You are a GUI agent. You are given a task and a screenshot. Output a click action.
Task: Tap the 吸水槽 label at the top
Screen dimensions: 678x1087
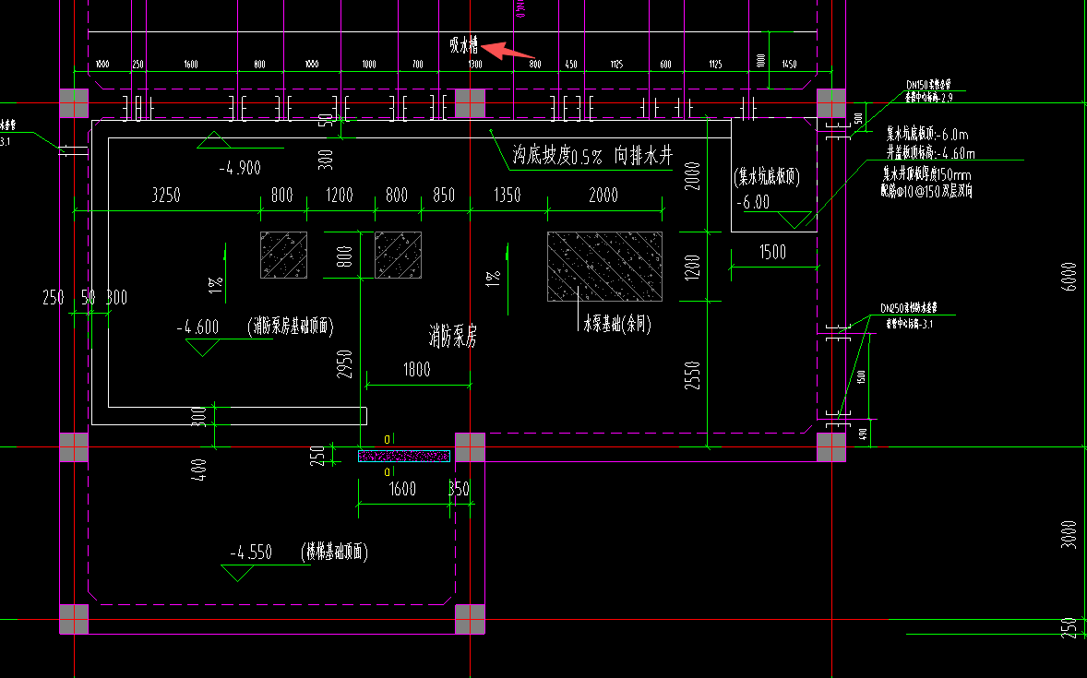pyautogui.click(x=464, y=43)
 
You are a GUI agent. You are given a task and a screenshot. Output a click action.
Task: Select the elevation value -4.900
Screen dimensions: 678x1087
pyautogui.click(x=240, y=168)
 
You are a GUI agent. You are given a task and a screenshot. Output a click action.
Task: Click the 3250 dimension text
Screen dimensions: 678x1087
pyautogui.click(x=166, y=196)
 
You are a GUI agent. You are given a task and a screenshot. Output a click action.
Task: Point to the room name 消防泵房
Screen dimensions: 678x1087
pyautogui.click(x=452, y=335)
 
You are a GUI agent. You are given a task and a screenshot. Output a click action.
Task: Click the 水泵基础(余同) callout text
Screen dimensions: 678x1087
pyautogui.click(x=616, y=325)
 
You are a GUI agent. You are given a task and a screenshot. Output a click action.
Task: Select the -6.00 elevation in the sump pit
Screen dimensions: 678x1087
pyautogui.click(x=754, y=203)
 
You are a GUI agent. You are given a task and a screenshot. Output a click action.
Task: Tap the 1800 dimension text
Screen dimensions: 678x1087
pyautogui.click(x=416, y=369)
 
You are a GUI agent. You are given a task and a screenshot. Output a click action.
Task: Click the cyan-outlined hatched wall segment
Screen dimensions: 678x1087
pyautogui.click(x=403, y=456)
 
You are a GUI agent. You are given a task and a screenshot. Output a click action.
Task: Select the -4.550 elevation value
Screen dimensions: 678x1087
pyautogui.click(x=251, y=553)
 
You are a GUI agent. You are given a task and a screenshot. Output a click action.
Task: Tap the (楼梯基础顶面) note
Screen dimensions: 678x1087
pyautogui.click(x=334, y=553)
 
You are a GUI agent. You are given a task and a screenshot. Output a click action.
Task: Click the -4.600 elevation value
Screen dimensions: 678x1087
pyautogui.click(x=198, y=327)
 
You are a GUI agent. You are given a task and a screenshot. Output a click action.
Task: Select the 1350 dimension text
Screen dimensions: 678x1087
pyautogui.click(x=507, y=196)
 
